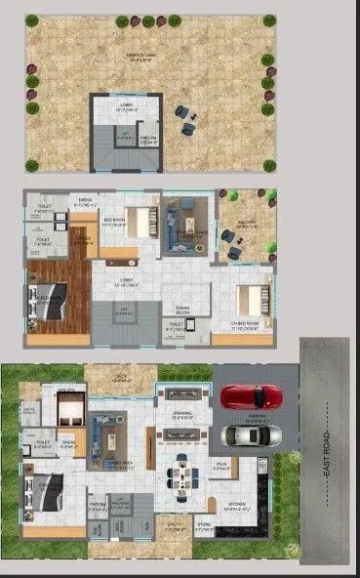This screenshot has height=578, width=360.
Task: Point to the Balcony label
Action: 246,223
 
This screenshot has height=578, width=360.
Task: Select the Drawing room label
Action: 181,414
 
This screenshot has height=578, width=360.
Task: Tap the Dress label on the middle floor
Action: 85,203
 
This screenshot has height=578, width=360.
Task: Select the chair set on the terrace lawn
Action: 185,117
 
